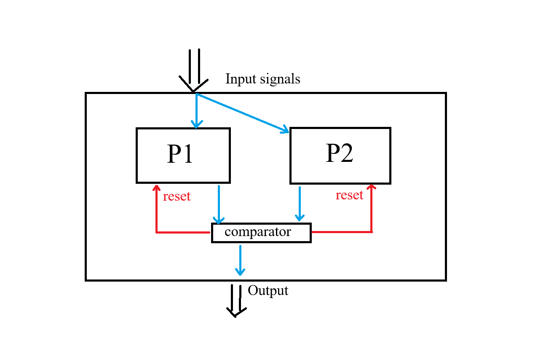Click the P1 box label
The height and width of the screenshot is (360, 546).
(180, 154)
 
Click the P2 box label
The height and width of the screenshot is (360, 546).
(339, 153)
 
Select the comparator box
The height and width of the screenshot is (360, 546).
(261, 233)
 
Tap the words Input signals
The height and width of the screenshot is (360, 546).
(262, 79)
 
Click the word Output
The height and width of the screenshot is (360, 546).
(268, 290)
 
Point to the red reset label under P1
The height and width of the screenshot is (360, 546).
(177, 196)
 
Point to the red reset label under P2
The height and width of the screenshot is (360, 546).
(349, 195)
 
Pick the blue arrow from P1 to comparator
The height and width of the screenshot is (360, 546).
(219, 204)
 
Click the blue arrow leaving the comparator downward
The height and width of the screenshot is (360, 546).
(240, 260)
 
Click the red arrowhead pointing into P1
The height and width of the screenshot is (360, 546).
(156, 187)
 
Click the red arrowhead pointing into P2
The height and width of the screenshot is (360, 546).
(372, 187)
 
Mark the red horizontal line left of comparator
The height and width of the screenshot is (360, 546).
(183, 232)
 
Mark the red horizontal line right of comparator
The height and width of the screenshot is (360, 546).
(341, 231)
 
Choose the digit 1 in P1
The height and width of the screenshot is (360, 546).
(187, 154)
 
